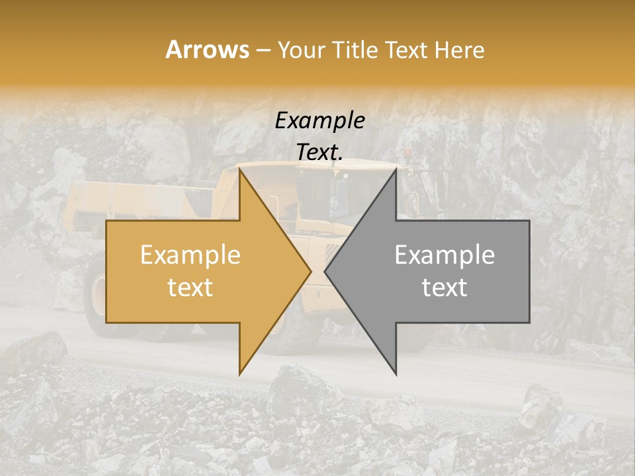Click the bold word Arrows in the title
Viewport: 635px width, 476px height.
(x=207, y=50)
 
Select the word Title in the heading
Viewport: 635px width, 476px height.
(x=359, y=50)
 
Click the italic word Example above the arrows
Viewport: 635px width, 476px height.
(x=320, y=121)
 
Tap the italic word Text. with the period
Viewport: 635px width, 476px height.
(x=320, y=153)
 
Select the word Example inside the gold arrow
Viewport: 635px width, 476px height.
(x=190, y=255)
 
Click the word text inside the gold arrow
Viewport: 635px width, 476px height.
(x=190, y=288)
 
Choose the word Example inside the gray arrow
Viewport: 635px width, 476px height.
(x=444, y=255)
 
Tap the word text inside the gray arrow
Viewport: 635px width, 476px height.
(x=444, y=288)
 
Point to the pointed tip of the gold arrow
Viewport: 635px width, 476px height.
(x=311, y=271)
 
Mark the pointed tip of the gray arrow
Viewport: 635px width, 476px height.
(x=325, y=271)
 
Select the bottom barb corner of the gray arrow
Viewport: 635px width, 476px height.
(x=396, y=374)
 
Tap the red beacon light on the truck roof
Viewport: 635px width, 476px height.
(x=406, y=154)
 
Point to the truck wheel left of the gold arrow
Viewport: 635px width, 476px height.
(x=97, y=297)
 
